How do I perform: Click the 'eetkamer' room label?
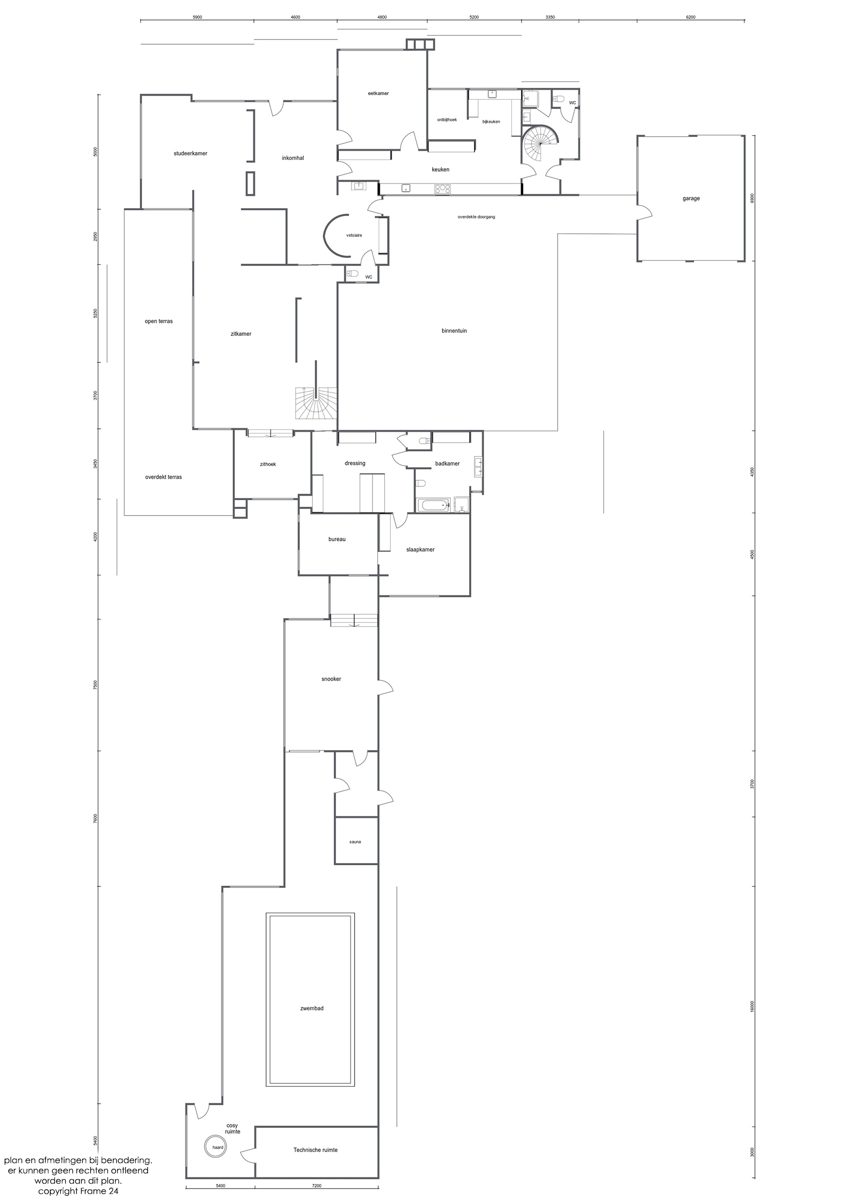tap(378, 93)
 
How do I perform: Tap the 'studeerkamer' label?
tap(190, 154)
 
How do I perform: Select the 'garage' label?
tap(691, 198)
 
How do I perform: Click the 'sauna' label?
tap(355, 842)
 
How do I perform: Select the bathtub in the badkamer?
tap(434, 505)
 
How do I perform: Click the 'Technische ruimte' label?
tap(316, 1150)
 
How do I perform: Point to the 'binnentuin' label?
tap(454, 331)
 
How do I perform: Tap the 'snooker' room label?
tap(331, 679)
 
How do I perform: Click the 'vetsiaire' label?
tap(354, 235)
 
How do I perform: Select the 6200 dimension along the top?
tap(691, 17)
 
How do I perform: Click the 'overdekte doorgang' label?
tap(476, 216)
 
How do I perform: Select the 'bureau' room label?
tap(337, 539)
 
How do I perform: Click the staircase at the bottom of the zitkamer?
tap(316, 403)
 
